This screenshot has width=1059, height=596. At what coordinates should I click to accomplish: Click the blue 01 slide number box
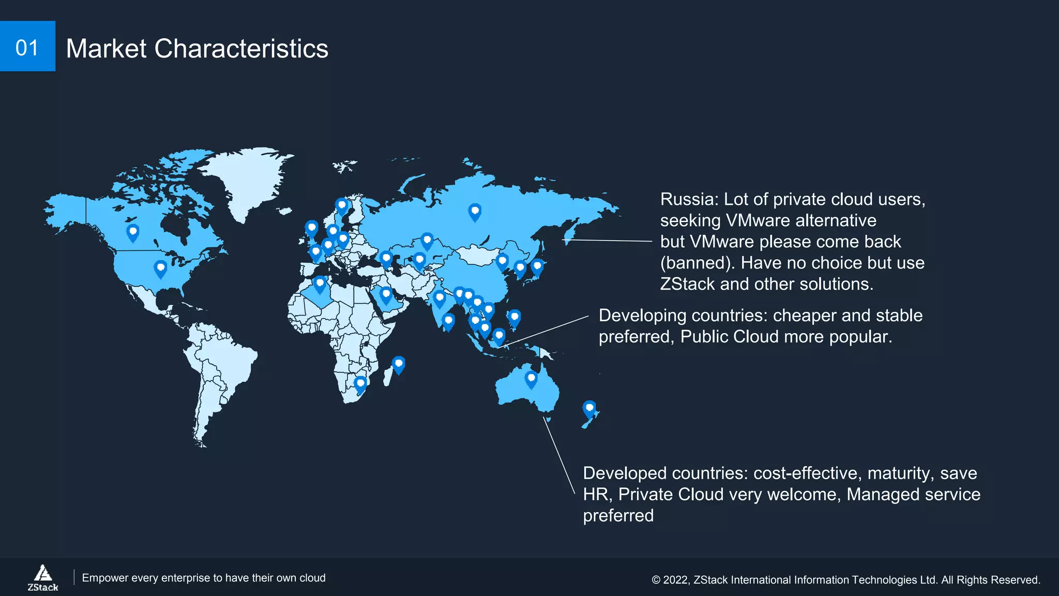pyautogui.click(x=27, y=47)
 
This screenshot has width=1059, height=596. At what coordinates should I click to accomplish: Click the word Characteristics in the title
pyautogui.click(x=241, y=49)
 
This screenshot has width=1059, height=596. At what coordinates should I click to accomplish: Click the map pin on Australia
pyautogui.click(x=531, y=378)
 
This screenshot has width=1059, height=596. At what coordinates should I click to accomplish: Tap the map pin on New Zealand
pyautogui.click(x=589, y=408)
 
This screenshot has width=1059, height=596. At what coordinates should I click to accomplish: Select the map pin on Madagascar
pyautogui.click(x=398, y=364)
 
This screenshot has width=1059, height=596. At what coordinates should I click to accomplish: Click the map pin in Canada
pyautogui.click(x=133, y=231)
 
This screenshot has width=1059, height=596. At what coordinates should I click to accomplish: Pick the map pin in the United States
pyautogui.click(x=160, y=268)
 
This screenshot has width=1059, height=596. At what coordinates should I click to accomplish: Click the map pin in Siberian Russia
pyautogui.click(x=475, y=211)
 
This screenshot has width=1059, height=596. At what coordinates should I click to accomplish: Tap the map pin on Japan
pyautogui.click(x=537, y=266)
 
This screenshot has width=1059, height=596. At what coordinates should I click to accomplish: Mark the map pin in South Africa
pyautogui.click(x=360, y=384)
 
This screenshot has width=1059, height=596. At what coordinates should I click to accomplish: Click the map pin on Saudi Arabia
pyautogui.click(x=386, y=295)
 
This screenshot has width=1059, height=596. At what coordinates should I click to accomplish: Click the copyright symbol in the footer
pyautogui.click(x=656, y=580)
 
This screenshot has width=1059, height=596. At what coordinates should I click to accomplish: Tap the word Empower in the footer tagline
pyautogui.click(x=105, y=578)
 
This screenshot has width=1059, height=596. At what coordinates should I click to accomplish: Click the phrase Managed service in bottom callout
pyautogui.click(x=913, y=495)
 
